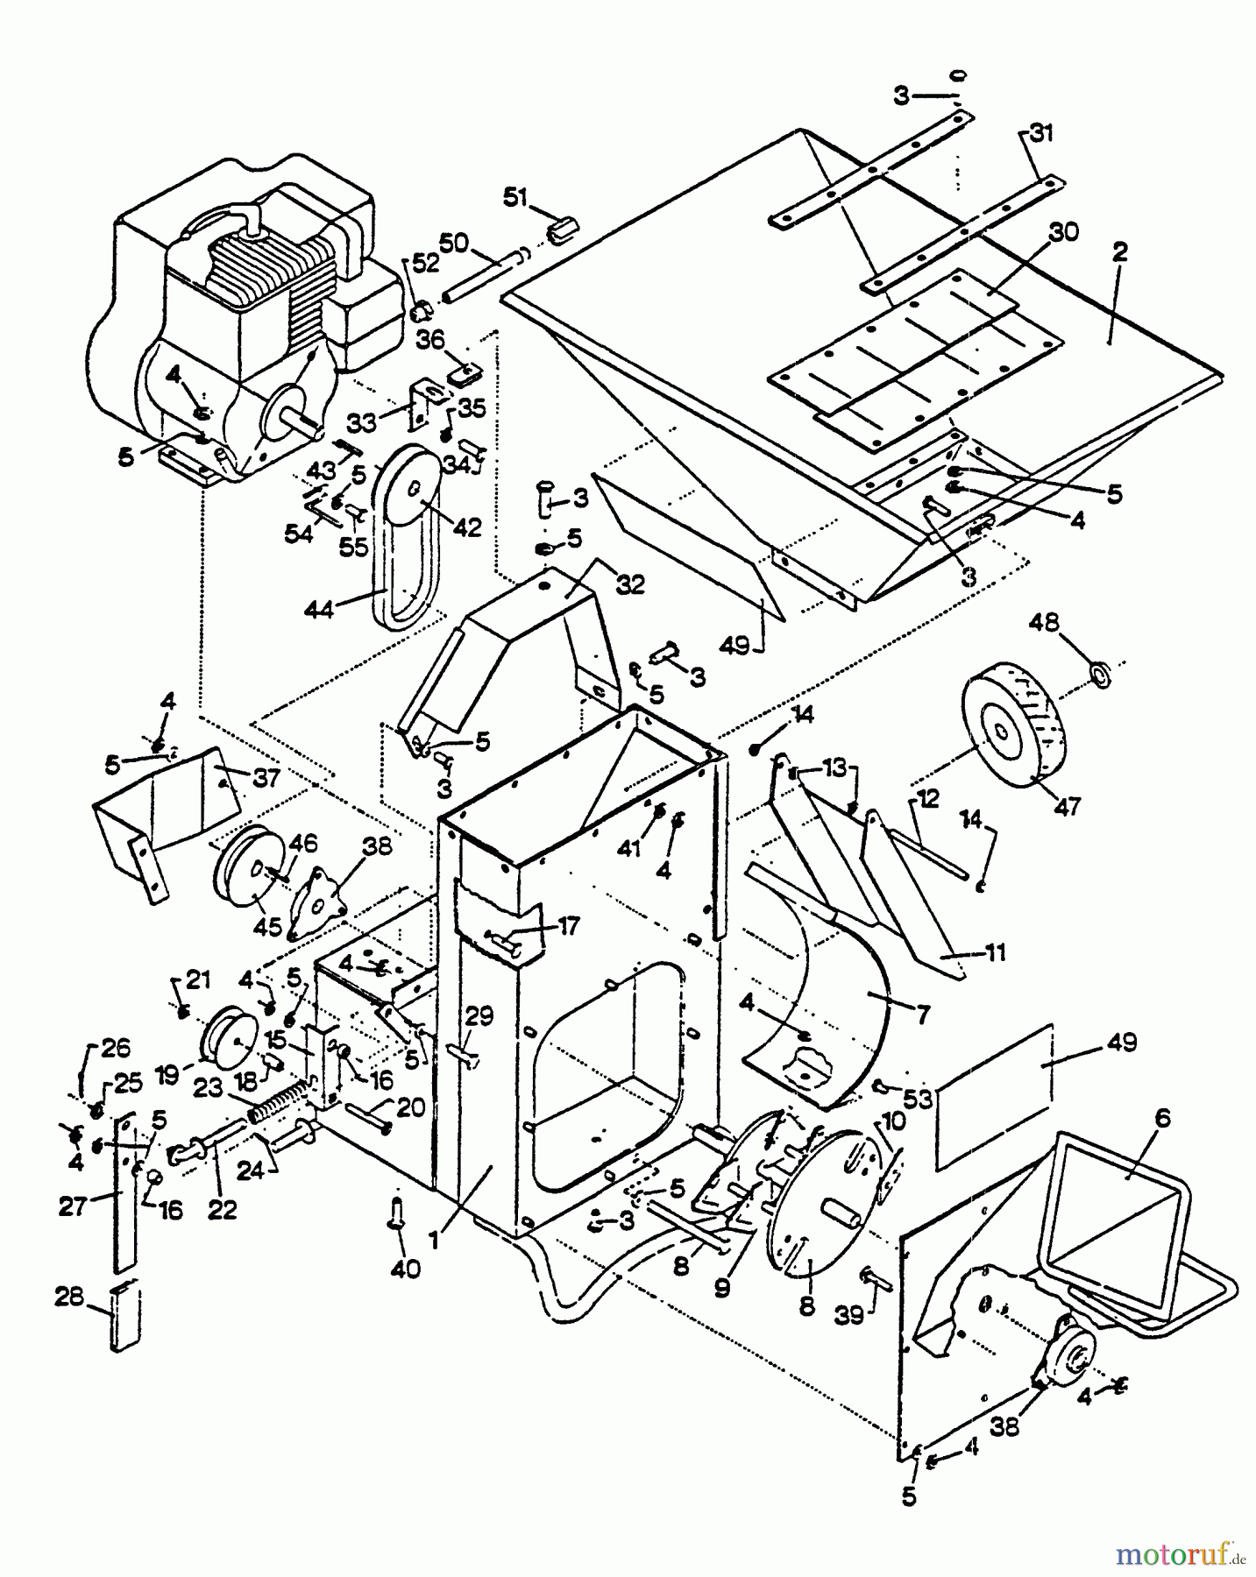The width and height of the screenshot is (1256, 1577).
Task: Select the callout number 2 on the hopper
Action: pyautogui.click(x=1119, y=251)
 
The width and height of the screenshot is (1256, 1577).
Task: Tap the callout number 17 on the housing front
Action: pyautogui.click(x=569, y=925)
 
